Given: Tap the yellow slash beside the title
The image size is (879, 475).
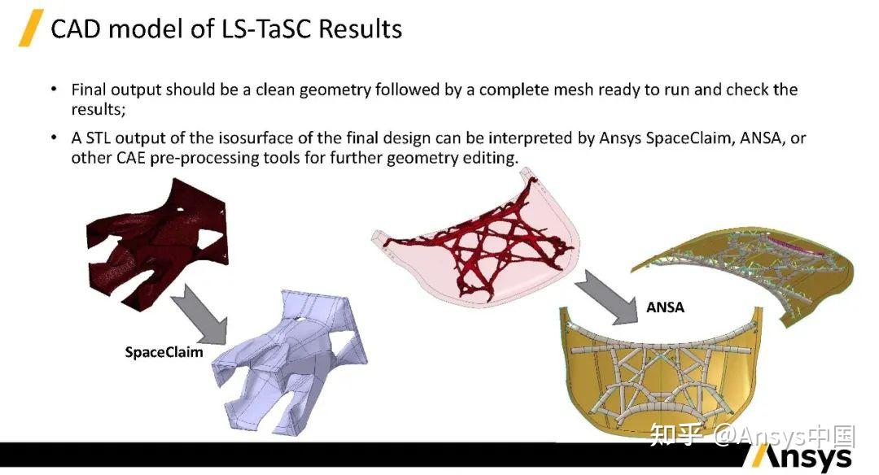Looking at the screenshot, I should [x=30, y=28].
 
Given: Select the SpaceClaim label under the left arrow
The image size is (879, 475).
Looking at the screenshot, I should [x=164, y=352].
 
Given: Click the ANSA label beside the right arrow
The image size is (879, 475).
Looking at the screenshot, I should [x=665, y=307].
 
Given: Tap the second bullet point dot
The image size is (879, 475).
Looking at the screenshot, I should [x=54, y=138].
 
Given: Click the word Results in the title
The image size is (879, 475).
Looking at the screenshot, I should [x=361, y=29].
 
